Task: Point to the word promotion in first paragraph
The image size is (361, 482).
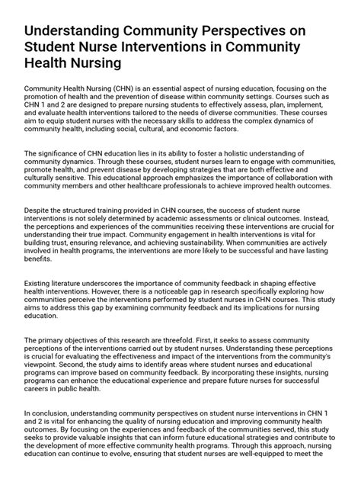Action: pyautogui.click(x=47, y=98)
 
